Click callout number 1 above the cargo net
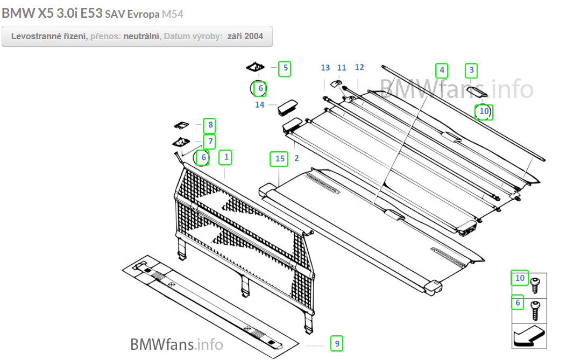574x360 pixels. [x=226, y=157]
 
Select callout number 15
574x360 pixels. [x=279, y=159]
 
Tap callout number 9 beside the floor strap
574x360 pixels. [x=337, y=343]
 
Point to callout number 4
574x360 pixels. [x=442, y=70]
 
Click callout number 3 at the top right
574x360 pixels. [x=471, y=70]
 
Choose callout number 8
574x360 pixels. [x=209, y=126]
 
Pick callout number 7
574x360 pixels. [x=209, y=142]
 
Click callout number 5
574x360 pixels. [x=285, y=68]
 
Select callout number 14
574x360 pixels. [x=260, y=104]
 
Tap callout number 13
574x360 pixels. [x=325, y=68]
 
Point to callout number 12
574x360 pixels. [x=359, y=67]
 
